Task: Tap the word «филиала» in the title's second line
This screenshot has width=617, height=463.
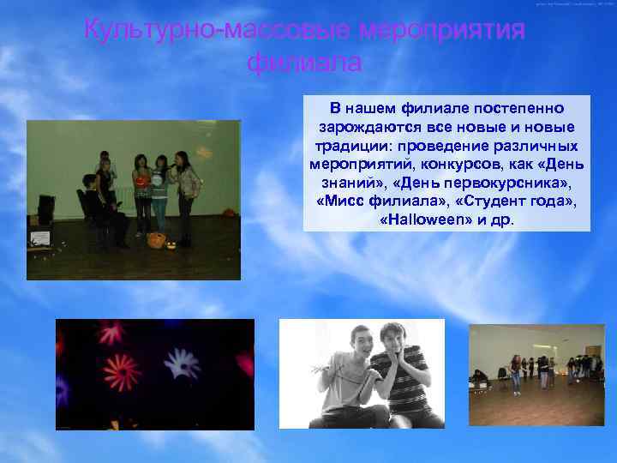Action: (x=305, y=63)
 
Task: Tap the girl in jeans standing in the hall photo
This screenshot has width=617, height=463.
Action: (x=516, y=373)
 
